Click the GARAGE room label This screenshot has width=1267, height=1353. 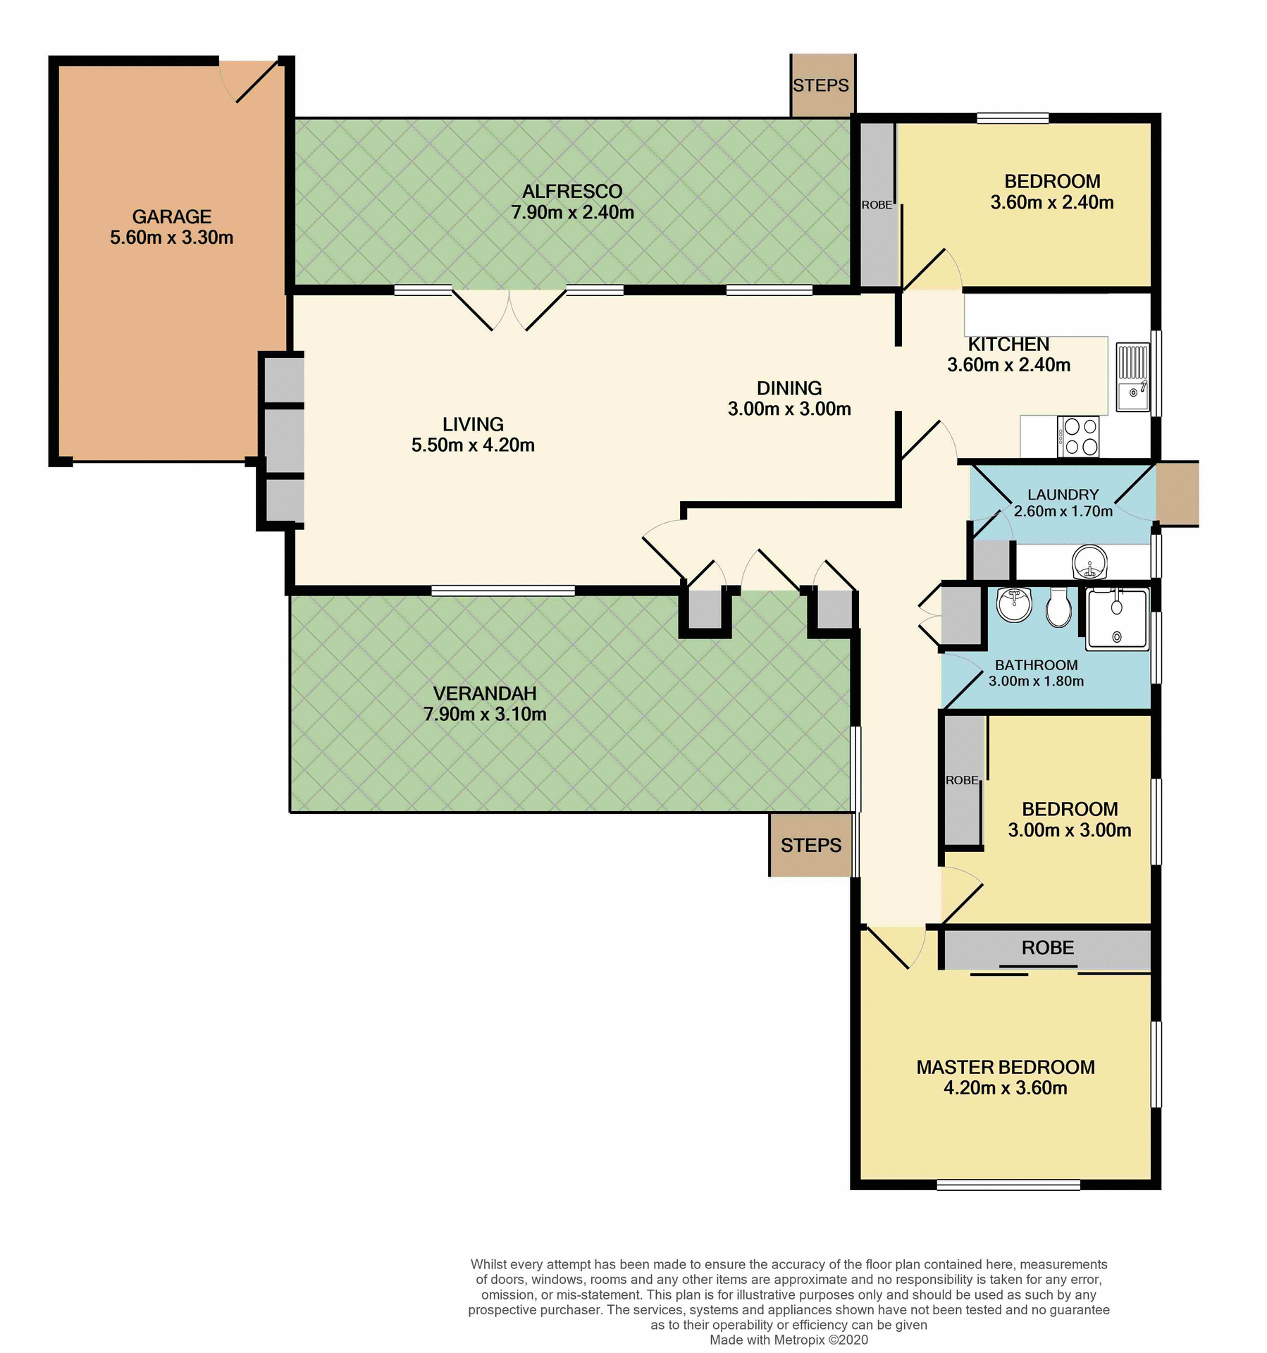(x=171, y=216)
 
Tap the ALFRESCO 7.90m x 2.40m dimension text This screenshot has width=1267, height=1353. (x=572, y=212)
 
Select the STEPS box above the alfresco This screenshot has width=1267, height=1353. (x=821, y=85)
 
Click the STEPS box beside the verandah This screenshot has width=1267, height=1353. (x=810, y=845)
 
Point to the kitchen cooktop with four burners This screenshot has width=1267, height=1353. (x=1078, y=436)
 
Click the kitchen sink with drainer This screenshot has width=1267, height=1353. (x=1132, y=377)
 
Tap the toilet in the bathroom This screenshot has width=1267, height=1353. (x=1058, y=607)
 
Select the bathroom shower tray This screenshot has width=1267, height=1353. (x=1117, y=619)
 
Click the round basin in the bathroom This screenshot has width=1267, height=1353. (x=1014, y=605)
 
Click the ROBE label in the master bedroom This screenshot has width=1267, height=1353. (x=1047, y=948)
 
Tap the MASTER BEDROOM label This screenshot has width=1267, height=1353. (x=1005, y=1067)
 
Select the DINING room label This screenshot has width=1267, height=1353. (x=789, y=388)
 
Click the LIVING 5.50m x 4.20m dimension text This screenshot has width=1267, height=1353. (x=473, y=445)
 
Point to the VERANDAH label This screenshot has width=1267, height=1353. (x=485, y=693)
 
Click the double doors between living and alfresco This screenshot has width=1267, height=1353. (x=509, y=310)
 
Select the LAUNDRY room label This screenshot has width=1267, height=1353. (x=1063, y=495)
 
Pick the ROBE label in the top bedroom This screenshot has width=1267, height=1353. (x=877, y=205)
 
